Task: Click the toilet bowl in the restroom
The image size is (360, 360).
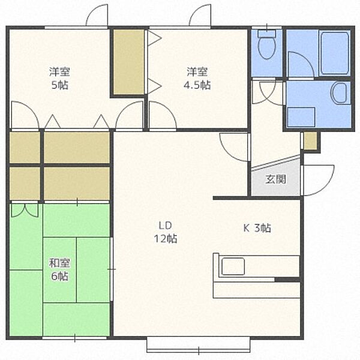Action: (x=266, y=48)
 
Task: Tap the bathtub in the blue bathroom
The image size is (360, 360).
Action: (x=334, y=53)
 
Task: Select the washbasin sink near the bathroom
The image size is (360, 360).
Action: (x=339, y=93)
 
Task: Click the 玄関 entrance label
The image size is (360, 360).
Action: (x=275, y=179)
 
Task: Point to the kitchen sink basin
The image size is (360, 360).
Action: (x=233, y=266)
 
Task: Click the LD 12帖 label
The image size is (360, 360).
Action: (x=166, y=232)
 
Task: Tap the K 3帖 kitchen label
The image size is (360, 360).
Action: (x=257, y=228)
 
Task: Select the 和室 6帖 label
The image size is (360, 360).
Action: (x=59, y=269)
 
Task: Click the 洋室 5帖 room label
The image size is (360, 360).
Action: (x=59, y=78)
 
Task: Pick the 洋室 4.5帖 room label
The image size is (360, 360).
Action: (x=197, y=78)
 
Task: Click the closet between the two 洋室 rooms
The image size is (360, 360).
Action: (x=129, y=62)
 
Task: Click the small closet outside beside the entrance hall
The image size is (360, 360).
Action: (x=310, y=141)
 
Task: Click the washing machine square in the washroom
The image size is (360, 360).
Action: (x=301, y=117)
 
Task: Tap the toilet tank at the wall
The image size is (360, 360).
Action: (x=266, y=34)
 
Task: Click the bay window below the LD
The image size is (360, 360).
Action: (x=199, y=344)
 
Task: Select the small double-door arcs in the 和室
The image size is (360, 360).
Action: (x=25, y=211)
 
